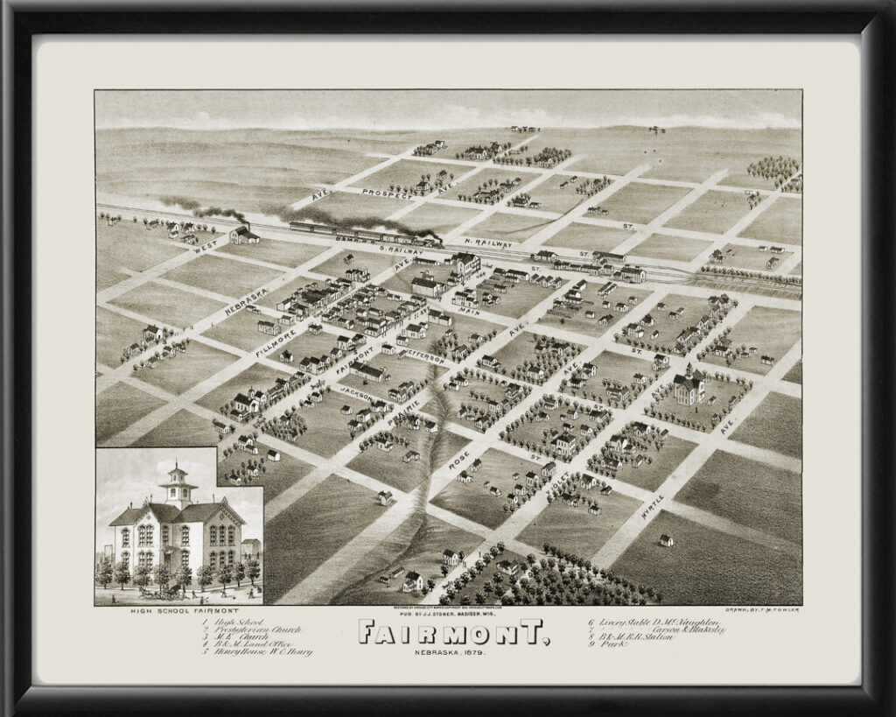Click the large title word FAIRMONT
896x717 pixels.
[453, 631]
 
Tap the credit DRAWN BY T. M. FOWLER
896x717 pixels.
[763, 609]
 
